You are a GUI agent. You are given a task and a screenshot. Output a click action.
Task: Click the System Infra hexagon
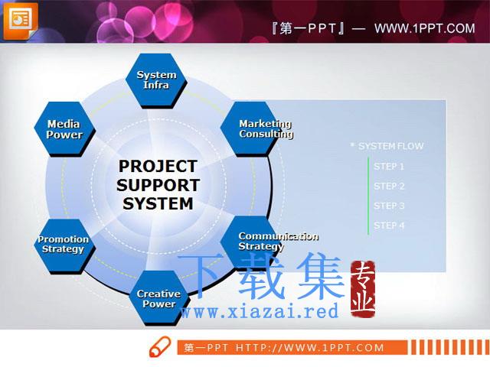(x=156, y=80)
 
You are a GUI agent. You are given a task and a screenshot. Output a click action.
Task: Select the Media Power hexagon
(x=64, y=129)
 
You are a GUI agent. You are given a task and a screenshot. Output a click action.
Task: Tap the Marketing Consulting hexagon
(x=250, y=129)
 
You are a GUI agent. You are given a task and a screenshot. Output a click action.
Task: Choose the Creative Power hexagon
(x=159, y=298)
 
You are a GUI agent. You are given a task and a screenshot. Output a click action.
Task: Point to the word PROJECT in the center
(x=158, y=166)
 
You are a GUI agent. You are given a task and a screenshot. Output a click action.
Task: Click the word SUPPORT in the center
(x=158, y=185)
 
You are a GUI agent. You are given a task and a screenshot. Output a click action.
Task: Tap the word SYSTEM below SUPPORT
(x=158, y=204)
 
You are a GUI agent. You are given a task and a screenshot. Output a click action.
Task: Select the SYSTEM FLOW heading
(x=391, y=146)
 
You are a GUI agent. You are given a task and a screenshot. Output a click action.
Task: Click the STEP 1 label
(x=389, y=167)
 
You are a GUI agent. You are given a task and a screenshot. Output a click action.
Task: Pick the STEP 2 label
(x=389, y=186)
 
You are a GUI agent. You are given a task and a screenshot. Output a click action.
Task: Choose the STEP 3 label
(x=389, y=206)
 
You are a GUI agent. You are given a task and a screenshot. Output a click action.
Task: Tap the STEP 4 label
(x=389, y=226)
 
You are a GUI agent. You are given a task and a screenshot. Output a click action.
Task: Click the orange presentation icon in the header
(x=21, y=21)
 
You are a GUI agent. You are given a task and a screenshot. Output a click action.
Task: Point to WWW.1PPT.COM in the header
(x=425, y=28)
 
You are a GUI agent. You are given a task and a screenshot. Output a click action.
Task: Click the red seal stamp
(x=362, y=289)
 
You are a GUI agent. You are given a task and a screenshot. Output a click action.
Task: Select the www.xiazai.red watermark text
(x=260, y=311)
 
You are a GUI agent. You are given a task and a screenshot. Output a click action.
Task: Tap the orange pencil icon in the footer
(x=160, y=346)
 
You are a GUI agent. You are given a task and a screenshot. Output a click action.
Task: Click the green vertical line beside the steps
(x=368, y=196)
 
